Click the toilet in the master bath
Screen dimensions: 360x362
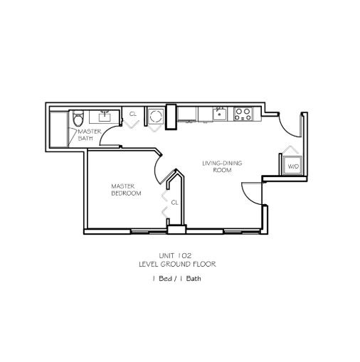point(78,119)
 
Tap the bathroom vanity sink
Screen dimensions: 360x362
point(105,117)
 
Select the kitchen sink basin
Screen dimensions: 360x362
point(220,114)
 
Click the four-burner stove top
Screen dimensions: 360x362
point(243,114)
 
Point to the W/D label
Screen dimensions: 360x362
point(293,166)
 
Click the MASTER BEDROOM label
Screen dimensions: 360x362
point(126,190)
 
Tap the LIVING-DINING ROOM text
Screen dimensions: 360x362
point(222,166)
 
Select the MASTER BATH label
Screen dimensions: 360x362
point(90,135)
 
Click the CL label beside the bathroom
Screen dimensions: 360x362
point(133,114)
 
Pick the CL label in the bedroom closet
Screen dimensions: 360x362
point(174,203)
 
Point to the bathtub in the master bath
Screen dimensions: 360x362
point(58,129)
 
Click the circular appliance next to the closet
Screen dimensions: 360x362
point(156,117)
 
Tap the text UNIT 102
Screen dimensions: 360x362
point(175,255)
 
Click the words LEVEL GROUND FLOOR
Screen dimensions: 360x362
point(177,264)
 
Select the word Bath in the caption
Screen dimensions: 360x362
point(194,278)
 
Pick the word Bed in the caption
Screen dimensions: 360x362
point(165,278)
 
